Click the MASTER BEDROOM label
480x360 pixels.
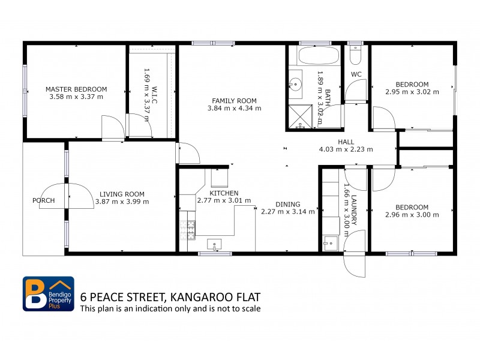point(76,89)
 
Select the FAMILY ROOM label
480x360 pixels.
point(234,101)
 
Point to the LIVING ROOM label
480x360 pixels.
point(122,194)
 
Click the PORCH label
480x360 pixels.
point(44,200)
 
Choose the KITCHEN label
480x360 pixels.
point(224,193)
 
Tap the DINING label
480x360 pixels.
point(287,204)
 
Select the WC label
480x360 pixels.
point(356,74)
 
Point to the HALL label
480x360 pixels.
point(346,142)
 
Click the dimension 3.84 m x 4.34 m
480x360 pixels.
point(234,109)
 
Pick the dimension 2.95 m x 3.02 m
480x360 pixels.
point(412,92)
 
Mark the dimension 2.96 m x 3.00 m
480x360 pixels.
point(412,215)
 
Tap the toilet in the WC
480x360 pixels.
point(355,55)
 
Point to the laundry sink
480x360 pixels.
point(329,242)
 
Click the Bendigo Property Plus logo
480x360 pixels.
point(49,294)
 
